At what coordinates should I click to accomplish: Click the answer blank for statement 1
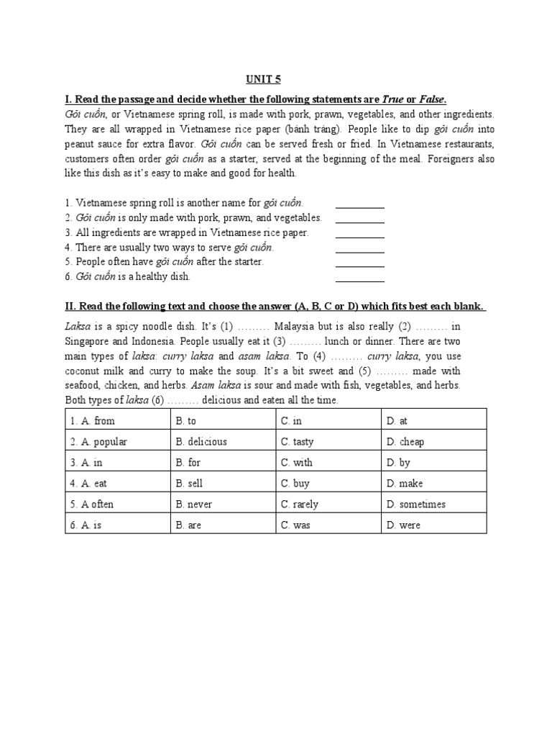point(359,206)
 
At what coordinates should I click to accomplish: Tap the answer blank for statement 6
point(359,280)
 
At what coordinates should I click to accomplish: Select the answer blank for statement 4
point(359,250)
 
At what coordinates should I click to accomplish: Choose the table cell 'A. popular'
point(118,441)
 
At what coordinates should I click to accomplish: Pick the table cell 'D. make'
point(433,483)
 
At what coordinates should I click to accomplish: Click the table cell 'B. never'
point(224,504)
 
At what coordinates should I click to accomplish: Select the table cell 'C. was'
point(328,525)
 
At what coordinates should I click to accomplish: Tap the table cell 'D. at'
point(433,420)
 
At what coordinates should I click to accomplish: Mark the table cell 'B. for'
point(224,462)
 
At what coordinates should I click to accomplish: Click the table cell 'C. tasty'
point(328,441)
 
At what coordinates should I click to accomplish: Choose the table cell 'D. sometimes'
point(433,504)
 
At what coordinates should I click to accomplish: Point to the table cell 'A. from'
point(118,420)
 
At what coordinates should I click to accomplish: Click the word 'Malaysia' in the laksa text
point(296,325)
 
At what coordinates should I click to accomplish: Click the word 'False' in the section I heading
point(430,99)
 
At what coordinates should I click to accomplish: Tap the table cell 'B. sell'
point(224,483)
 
